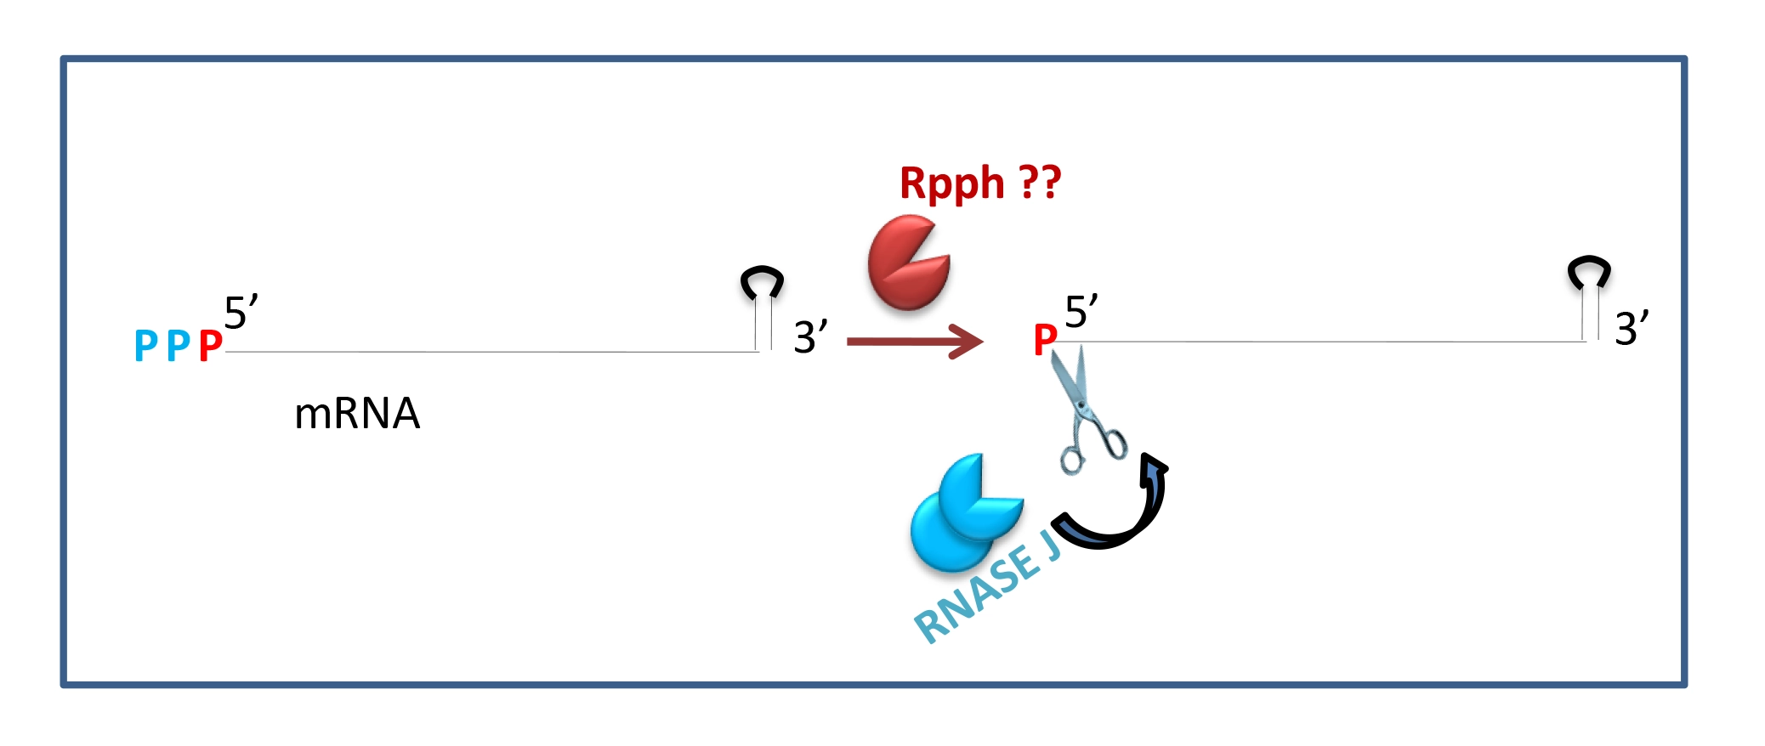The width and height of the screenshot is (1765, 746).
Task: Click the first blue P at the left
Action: pyautogui.click(x=145, y=346)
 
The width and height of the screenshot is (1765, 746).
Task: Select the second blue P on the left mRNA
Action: pyautogui.click(x=178, y=346)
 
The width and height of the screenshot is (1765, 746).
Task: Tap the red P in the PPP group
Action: pyautogui.click(x=210, y=346)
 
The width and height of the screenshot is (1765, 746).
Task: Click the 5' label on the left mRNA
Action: pyautogui.click(x=240, y=313)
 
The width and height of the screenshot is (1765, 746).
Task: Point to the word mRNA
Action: pyautogui.click(x=357, y=414)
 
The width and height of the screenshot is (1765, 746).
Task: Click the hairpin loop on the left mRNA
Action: pyautogui.click(x=762, y=282)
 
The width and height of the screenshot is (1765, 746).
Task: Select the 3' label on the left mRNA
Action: pyautogui.click(x=809, y=336)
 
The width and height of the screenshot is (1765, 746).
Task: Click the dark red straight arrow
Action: pyautogui.click(x=914, y=342)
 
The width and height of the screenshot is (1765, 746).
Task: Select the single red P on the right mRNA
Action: pyautogui.click(x=1045, y=340)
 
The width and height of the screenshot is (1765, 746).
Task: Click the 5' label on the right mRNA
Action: pyautogui.click(x=1081, y=312)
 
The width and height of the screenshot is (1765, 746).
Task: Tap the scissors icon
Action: pyautogui.click(x=1084, y=408)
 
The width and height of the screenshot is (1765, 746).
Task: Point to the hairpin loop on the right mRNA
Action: pyautogui.click(x=1588, y=272)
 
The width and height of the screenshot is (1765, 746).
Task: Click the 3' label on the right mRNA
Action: pyautogui.click(x=1631, y=328)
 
